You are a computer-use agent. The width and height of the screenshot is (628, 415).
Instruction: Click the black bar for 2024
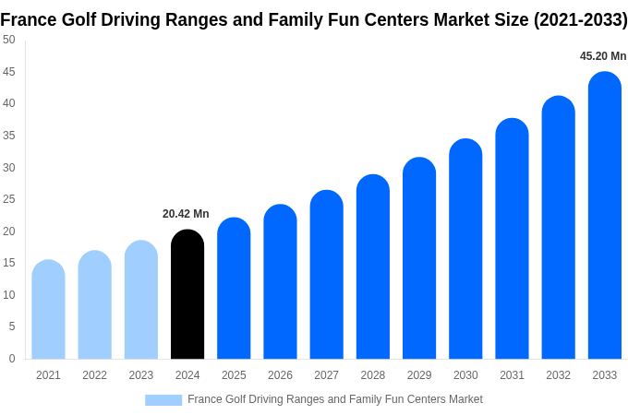tap(187, 294)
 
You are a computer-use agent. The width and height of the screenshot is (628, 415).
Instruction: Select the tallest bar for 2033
tap(604, 216)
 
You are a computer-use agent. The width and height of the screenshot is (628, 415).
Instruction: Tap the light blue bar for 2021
tap(48, 310)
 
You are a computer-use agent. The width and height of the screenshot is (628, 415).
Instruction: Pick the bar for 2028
tap(372, 267)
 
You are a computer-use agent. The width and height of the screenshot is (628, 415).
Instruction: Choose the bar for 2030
tap(465, 249)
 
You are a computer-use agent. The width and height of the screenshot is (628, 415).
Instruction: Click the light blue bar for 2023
tap(141, 300)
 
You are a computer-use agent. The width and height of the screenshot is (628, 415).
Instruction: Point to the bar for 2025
tap(234, 289)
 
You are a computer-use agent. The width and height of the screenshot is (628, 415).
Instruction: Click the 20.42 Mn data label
tap(186, 214)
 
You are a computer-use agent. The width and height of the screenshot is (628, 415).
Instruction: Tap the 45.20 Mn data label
tap(603, 56)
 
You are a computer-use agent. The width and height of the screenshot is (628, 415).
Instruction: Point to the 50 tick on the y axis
tap(9, 40)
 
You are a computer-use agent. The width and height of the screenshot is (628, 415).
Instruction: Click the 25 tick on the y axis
tap(9, 199)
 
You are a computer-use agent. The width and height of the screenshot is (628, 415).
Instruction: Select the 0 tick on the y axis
tap(12, 359)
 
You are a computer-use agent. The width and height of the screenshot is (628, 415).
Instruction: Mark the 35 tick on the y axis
tap(9, 136)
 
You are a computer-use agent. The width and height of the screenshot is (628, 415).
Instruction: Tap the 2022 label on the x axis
tap(94, 375)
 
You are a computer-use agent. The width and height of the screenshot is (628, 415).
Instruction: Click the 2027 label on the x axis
tap(326, 375)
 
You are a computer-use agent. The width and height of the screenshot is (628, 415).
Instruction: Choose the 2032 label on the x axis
tap(558, 375)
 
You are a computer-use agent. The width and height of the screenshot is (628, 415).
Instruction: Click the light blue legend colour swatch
tap(163, 400)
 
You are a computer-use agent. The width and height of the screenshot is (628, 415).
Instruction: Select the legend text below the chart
tap(334, 399)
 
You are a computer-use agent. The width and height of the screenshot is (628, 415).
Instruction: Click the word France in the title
tap(28, 19)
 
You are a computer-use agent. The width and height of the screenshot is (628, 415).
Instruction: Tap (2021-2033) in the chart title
tap(580, 19)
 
